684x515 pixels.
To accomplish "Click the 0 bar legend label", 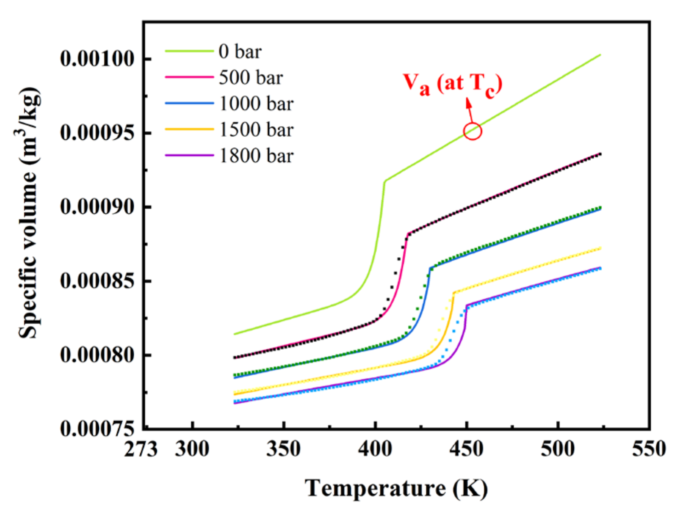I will pos(240,52).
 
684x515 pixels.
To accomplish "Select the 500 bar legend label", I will pos(251,78).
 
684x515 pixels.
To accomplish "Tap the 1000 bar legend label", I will pos(256,104).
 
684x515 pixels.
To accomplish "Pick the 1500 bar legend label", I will pos(256,129).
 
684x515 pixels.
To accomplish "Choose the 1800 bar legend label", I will pos(256,156).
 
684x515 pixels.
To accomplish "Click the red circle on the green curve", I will pos(472,131).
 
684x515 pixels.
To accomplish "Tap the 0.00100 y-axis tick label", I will pos(97,59).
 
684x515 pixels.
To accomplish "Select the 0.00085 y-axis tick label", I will pos(97,281).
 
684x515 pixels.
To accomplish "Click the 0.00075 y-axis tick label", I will pos(97,429).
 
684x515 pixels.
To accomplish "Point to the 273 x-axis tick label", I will pos(141,449).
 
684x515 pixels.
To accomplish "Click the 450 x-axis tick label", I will pos(466,449).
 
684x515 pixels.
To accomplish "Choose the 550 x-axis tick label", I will pos(649,449).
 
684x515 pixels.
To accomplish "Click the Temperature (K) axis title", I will pos(396,488).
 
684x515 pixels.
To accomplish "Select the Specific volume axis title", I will pos(29,213).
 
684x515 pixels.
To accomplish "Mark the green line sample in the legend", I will pos(189,51).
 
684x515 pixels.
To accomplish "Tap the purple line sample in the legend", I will pos(189,155).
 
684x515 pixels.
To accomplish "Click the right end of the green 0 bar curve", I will pos(600,55).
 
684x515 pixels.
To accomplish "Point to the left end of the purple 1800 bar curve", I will pos(234,403).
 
